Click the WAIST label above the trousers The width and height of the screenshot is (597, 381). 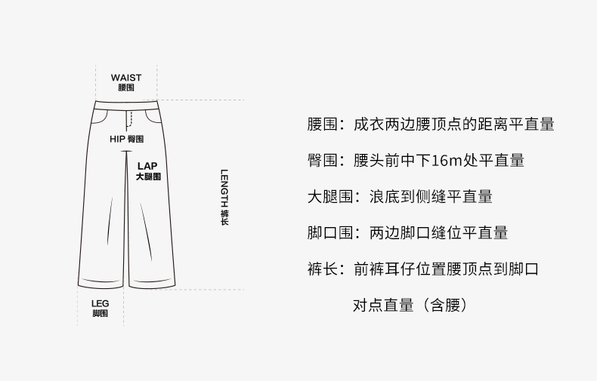(125, 78)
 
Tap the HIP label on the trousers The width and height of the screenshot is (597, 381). (116, 140)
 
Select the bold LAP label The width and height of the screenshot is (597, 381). (147, 164)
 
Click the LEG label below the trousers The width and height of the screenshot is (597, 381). (101, 303)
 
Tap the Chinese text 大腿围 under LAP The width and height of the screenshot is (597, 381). (148, 176)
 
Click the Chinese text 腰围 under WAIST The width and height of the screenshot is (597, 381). (125, 88)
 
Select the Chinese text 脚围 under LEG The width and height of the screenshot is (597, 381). (101, 313)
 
